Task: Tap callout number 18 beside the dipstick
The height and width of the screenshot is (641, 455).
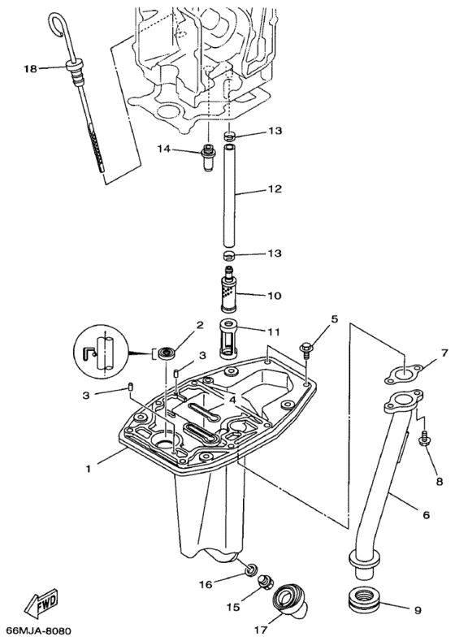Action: point(31,70)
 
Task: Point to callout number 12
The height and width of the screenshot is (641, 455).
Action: point(274,189)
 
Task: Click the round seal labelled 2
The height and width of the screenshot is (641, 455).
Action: point(169,352)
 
